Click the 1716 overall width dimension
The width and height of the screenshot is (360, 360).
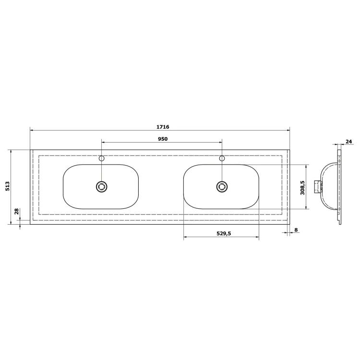[x=163, y=127]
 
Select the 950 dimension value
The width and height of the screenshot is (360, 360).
[x=163, y=139]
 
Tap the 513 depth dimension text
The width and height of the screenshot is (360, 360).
[x=8, y=186]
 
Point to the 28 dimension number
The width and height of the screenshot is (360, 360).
[x=16, y=211]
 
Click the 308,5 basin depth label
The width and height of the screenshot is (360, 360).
[x=302, y=188]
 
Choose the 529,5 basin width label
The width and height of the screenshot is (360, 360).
[x=224, y=233]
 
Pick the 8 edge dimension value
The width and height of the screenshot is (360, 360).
[x=296, y=229]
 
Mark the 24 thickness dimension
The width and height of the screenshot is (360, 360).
[x=348, y=142]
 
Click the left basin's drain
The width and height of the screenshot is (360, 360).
[x=101, y=187]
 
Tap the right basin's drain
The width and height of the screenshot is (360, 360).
[x=222, y=187]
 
